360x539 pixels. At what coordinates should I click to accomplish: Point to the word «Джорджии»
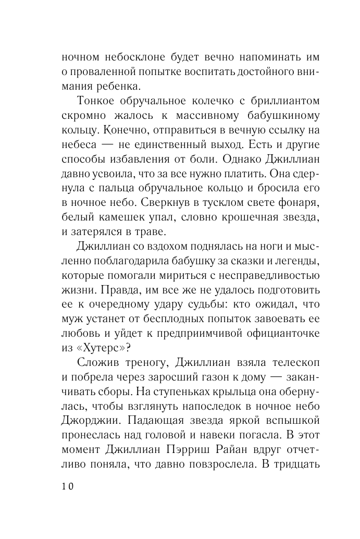click(85, 419)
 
